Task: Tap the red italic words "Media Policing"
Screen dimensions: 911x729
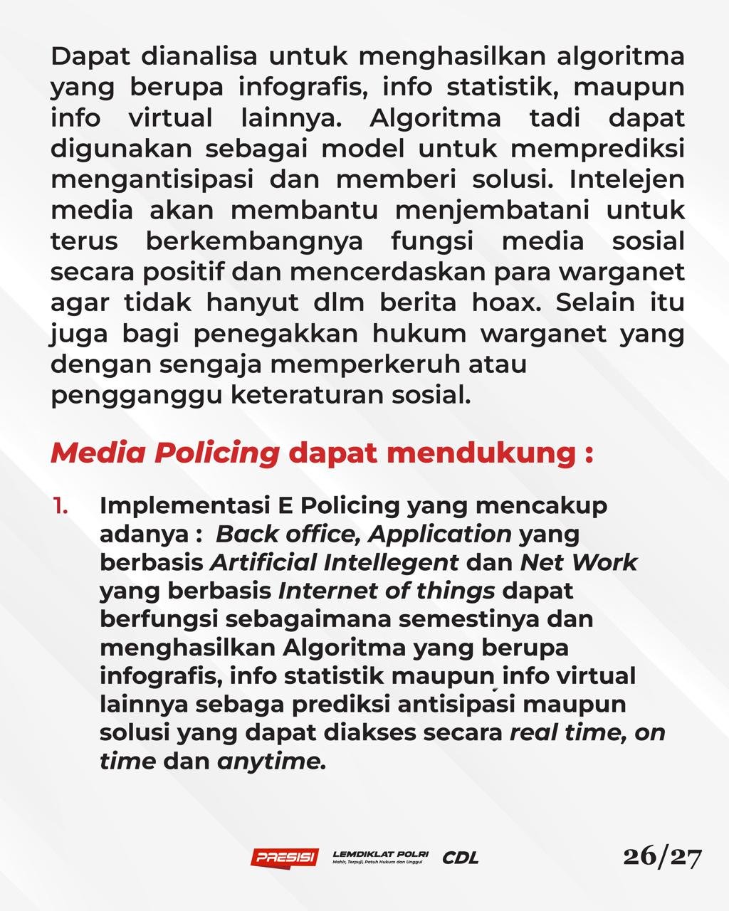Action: tap(165, 453)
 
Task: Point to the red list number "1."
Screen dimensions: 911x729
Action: tap(61, 505)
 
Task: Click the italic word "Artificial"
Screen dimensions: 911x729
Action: tap(264, 562)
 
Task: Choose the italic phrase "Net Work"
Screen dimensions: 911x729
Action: tap(578, 562)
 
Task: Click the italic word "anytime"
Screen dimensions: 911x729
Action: tap(271, 762)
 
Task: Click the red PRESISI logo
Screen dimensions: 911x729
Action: tap(284, 857)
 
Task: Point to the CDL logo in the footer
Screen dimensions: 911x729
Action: tap(461, 858)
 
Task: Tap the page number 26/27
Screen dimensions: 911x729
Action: tap(662, 856)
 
